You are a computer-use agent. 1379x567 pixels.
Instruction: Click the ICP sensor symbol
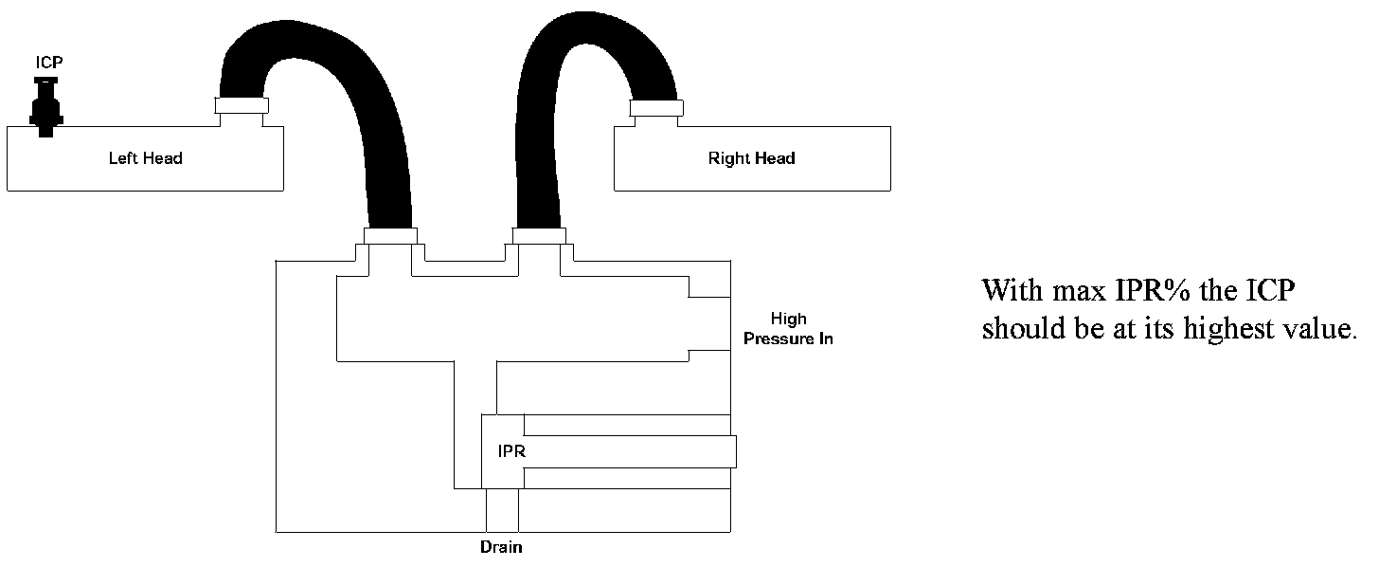coord(45,106)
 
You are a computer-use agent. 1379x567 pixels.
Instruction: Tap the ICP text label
coord(49,64)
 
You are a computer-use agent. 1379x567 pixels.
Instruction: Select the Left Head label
coord(145,158)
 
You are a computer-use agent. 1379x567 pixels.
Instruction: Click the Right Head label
coord(751,158)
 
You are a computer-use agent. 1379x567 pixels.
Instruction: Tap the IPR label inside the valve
coord(511,451)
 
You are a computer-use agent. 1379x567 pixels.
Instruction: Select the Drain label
coord(501,547)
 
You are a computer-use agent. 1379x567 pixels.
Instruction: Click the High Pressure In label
coord(788,329)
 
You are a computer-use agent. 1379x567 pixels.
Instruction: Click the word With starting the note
coord(1010,290)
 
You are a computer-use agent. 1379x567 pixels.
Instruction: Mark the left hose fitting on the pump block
coord(390,235)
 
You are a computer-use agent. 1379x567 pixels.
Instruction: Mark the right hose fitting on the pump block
coord(539,235)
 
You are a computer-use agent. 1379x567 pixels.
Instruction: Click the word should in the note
coord(1022,329)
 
